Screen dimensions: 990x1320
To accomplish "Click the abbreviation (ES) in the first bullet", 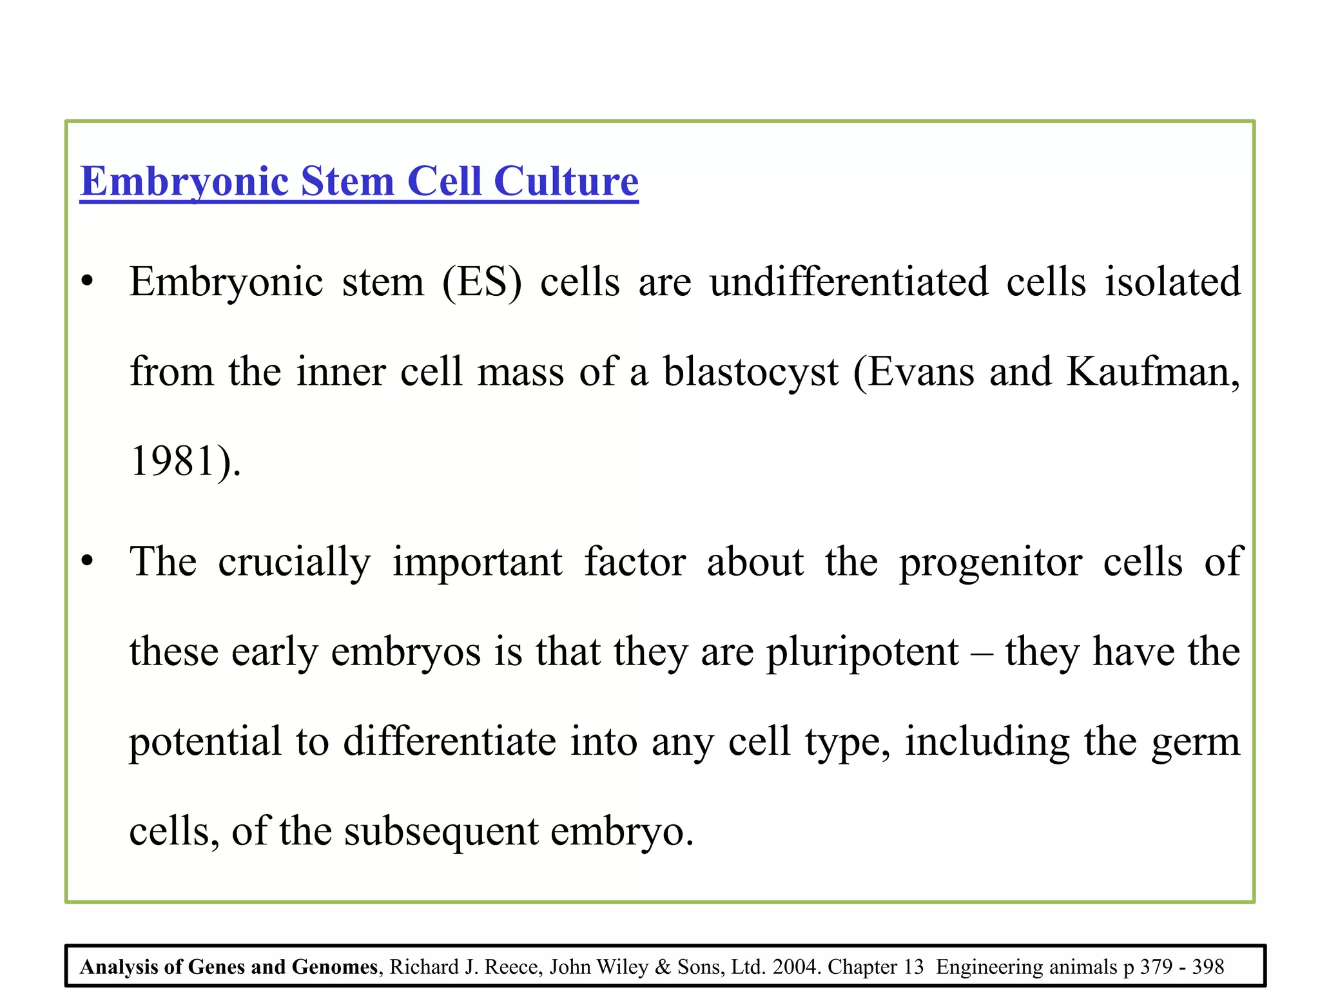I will pyautogui.click(x=481, y=282).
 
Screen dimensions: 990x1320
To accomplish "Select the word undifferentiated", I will pyautogui.click(x=849, y=282).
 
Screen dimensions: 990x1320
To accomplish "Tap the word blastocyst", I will pyautogui.click(x=751, y=372).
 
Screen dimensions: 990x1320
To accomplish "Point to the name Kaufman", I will pyautogui.click(x=1152, y=372).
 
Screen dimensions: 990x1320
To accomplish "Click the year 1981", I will pyautogui.click(x=172, y=461).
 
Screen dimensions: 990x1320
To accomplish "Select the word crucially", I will pyautogui.click(x=294, y=562).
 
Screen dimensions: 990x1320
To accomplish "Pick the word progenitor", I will pyautogui.click(x=991, y=562).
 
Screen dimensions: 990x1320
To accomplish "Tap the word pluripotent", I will pyautogui.click(x=862, y=652).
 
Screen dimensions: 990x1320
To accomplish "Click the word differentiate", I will pyautogui.click(x=449, y=741).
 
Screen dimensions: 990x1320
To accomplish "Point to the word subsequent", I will pyautogui.click(x=441, y=831).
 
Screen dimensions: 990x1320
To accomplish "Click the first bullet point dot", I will pyautogui.click(x=88, y=282).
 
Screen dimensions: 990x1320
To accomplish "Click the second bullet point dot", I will pyautogui.click(x=88, y=561).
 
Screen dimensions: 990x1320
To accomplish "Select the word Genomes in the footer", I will pyautogui.click(x=335, y=967).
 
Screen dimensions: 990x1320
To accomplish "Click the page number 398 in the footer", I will pyautogui.click(x=1208, y=967).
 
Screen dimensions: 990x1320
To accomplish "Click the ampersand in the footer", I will pyautogui.click(x=663, y=967).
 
